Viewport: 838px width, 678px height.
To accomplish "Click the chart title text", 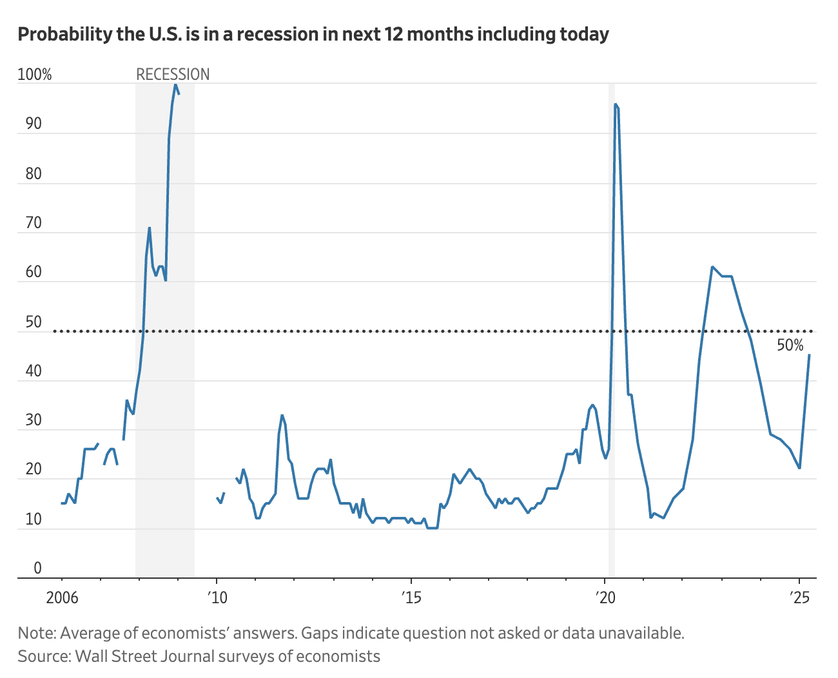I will pos(313,34).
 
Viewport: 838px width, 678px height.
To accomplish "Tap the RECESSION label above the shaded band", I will pos(173,75).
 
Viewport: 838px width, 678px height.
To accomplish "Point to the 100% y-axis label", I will pos(35,75).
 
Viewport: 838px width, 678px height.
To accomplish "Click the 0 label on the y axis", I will pos(37,568).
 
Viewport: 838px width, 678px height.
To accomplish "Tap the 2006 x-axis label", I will pos(62,597).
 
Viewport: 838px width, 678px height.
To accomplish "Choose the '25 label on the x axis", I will pos(799,597).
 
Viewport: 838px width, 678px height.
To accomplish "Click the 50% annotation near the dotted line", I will pos(790,346).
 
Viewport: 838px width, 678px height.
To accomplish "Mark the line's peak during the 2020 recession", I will pos(616,104).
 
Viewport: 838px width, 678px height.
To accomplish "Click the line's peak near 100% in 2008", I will pos(175,84).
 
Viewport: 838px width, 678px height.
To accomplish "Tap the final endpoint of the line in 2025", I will pos(810,355).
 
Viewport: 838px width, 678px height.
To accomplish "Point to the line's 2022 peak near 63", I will pos(712,267).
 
